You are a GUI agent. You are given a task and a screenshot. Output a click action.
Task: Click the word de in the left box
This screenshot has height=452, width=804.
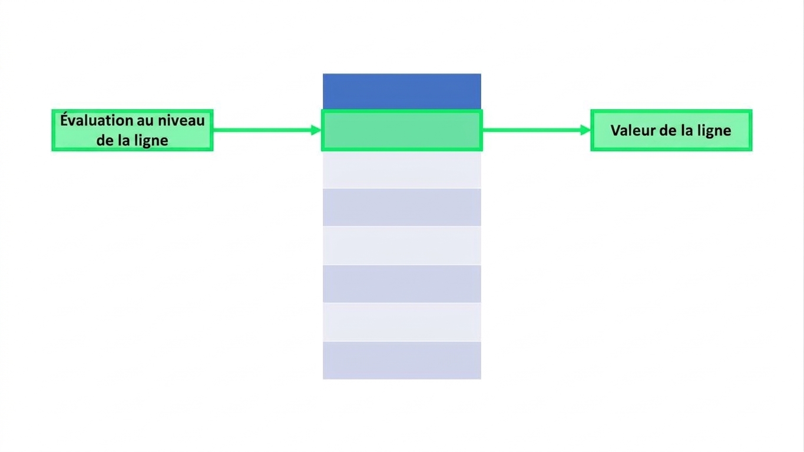pos(105,140)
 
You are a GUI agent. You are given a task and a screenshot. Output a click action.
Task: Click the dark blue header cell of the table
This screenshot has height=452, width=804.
pos(402,91)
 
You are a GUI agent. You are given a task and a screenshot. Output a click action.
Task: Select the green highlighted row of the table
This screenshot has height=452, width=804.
pos(402,130)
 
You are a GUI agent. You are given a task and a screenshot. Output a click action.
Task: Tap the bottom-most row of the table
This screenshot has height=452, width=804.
pos(402,360)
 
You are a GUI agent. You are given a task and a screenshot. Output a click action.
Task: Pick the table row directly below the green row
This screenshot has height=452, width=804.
pos(402,169)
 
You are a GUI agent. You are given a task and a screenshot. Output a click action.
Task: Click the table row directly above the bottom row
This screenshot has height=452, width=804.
pos(402,322)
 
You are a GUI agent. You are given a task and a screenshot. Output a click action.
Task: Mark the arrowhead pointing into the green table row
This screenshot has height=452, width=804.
pos(316,130)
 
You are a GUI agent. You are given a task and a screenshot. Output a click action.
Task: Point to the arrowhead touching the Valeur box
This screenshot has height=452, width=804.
pos(585,130)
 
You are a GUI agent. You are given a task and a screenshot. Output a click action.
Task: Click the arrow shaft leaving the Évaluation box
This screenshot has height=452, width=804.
pos(262,130)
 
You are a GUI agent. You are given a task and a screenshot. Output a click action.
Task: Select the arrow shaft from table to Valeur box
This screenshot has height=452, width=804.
pos(531,130)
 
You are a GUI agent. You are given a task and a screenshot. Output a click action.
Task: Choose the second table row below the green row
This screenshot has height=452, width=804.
pos(402,207)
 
